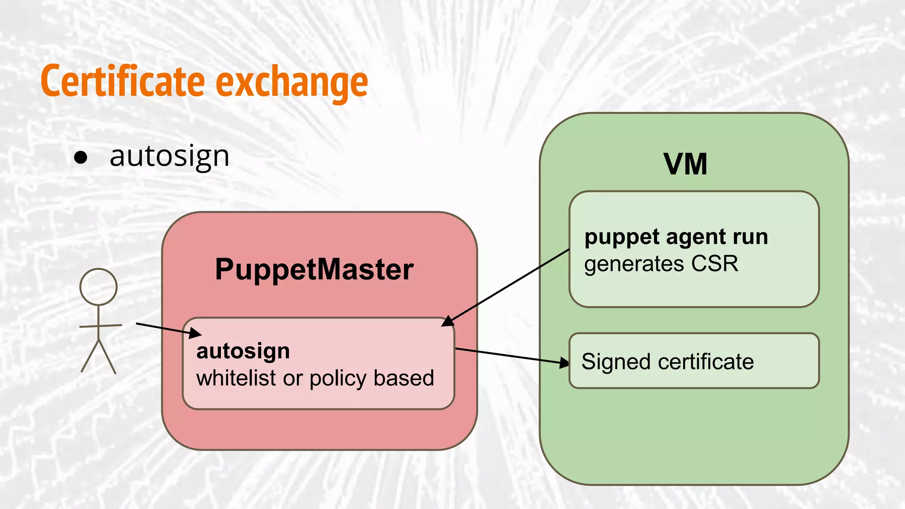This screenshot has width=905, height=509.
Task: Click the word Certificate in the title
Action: click(123, 82)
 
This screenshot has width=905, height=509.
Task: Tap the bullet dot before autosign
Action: click(80, 158)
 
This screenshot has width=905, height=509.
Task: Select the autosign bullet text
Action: click(170, 157)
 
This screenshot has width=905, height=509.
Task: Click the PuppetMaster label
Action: click(314, 270)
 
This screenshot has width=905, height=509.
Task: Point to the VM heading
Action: click(685, 164)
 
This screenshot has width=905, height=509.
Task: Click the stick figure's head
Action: click(99, 287)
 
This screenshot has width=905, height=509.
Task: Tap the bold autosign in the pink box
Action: click(243, 351)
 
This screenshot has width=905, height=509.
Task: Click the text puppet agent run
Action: click(676, 237)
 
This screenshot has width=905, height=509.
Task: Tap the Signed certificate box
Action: click(694, 361)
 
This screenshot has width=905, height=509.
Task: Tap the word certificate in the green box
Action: click(706, 362)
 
